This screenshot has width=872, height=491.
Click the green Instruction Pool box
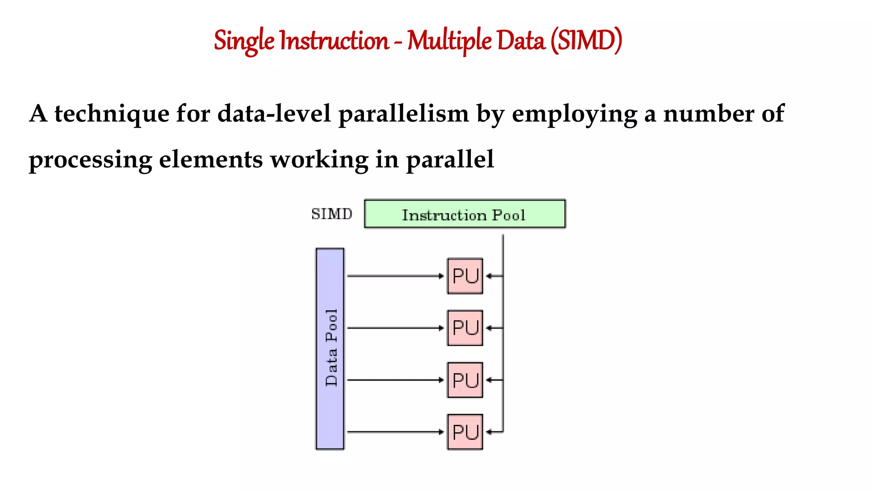465,214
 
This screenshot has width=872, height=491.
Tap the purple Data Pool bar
330,349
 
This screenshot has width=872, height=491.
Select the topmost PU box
465,276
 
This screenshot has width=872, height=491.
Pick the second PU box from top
465,328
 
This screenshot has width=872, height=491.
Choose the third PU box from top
465,380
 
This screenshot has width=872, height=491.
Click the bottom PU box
465,432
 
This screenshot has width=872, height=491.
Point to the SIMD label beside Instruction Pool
332,214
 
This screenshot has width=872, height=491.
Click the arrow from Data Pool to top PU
395,276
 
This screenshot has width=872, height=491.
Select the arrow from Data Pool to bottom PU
395,432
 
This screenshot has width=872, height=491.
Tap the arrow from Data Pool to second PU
395,328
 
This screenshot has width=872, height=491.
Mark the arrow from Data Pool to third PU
395,380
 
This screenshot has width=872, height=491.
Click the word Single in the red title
244,41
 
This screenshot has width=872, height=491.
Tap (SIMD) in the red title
586,41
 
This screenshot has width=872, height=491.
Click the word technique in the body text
112,114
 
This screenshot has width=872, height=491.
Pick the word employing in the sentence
574,114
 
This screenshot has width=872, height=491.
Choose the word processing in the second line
90,160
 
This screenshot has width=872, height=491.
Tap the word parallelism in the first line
403,114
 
